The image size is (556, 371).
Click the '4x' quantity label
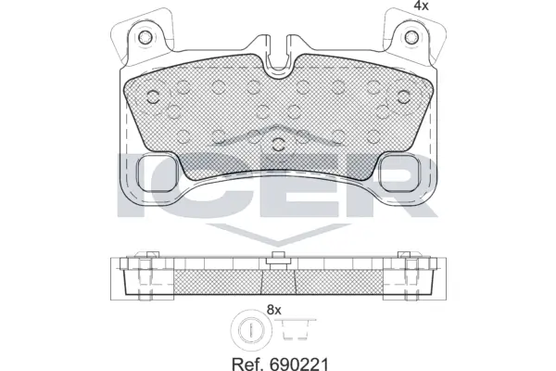(x=394, y=7)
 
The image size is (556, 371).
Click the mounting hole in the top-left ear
(x=145, y=39)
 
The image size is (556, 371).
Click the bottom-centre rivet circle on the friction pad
(x=279, y=142)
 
